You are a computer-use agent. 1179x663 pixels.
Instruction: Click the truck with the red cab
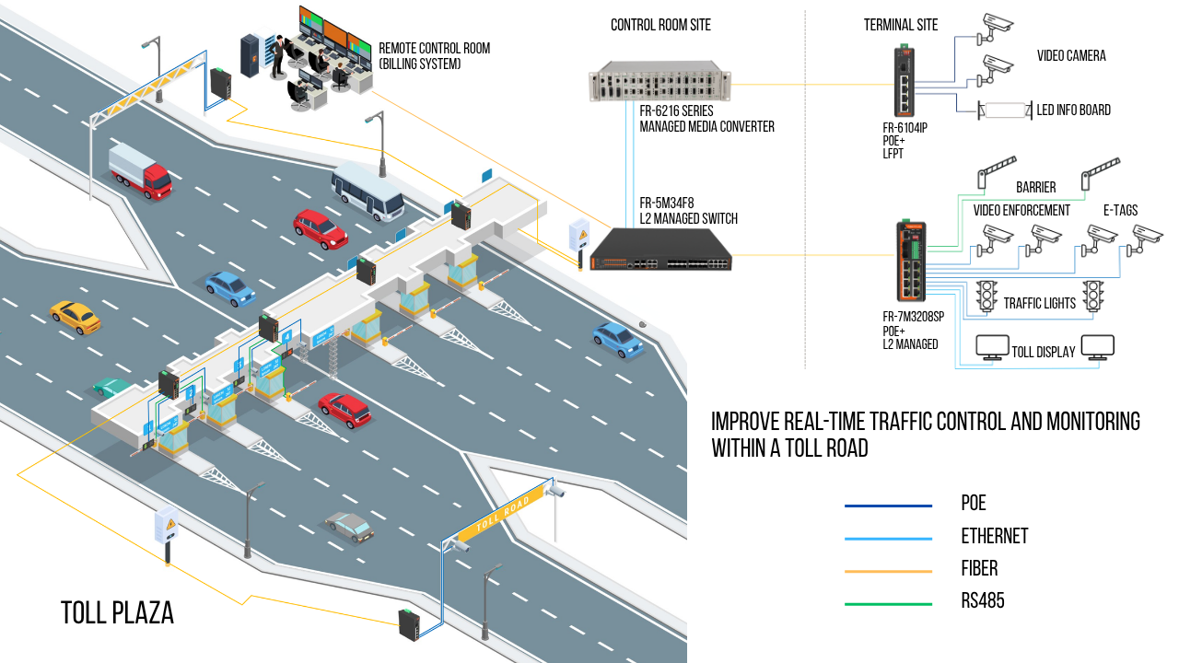coord(140,171)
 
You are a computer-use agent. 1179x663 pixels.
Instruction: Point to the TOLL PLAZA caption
coord(117,613)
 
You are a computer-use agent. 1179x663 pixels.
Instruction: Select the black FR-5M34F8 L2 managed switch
coord(660,251)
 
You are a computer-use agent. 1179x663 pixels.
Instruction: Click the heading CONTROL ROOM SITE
coord(660,25)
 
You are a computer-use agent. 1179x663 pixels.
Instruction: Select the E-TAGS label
coord(1121,210)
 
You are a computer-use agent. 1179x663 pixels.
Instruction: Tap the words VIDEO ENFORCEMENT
coord(1021,210)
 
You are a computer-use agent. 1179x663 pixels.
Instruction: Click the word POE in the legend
coord(973,504)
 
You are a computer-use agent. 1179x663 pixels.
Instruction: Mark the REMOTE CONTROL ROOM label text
coord(434,56)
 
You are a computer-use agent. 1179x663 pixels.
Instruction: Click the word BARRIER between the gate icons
coord(1035,187)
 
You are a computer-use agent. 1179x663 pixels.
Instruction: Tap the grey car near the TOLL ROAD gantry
coord(349,526)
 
